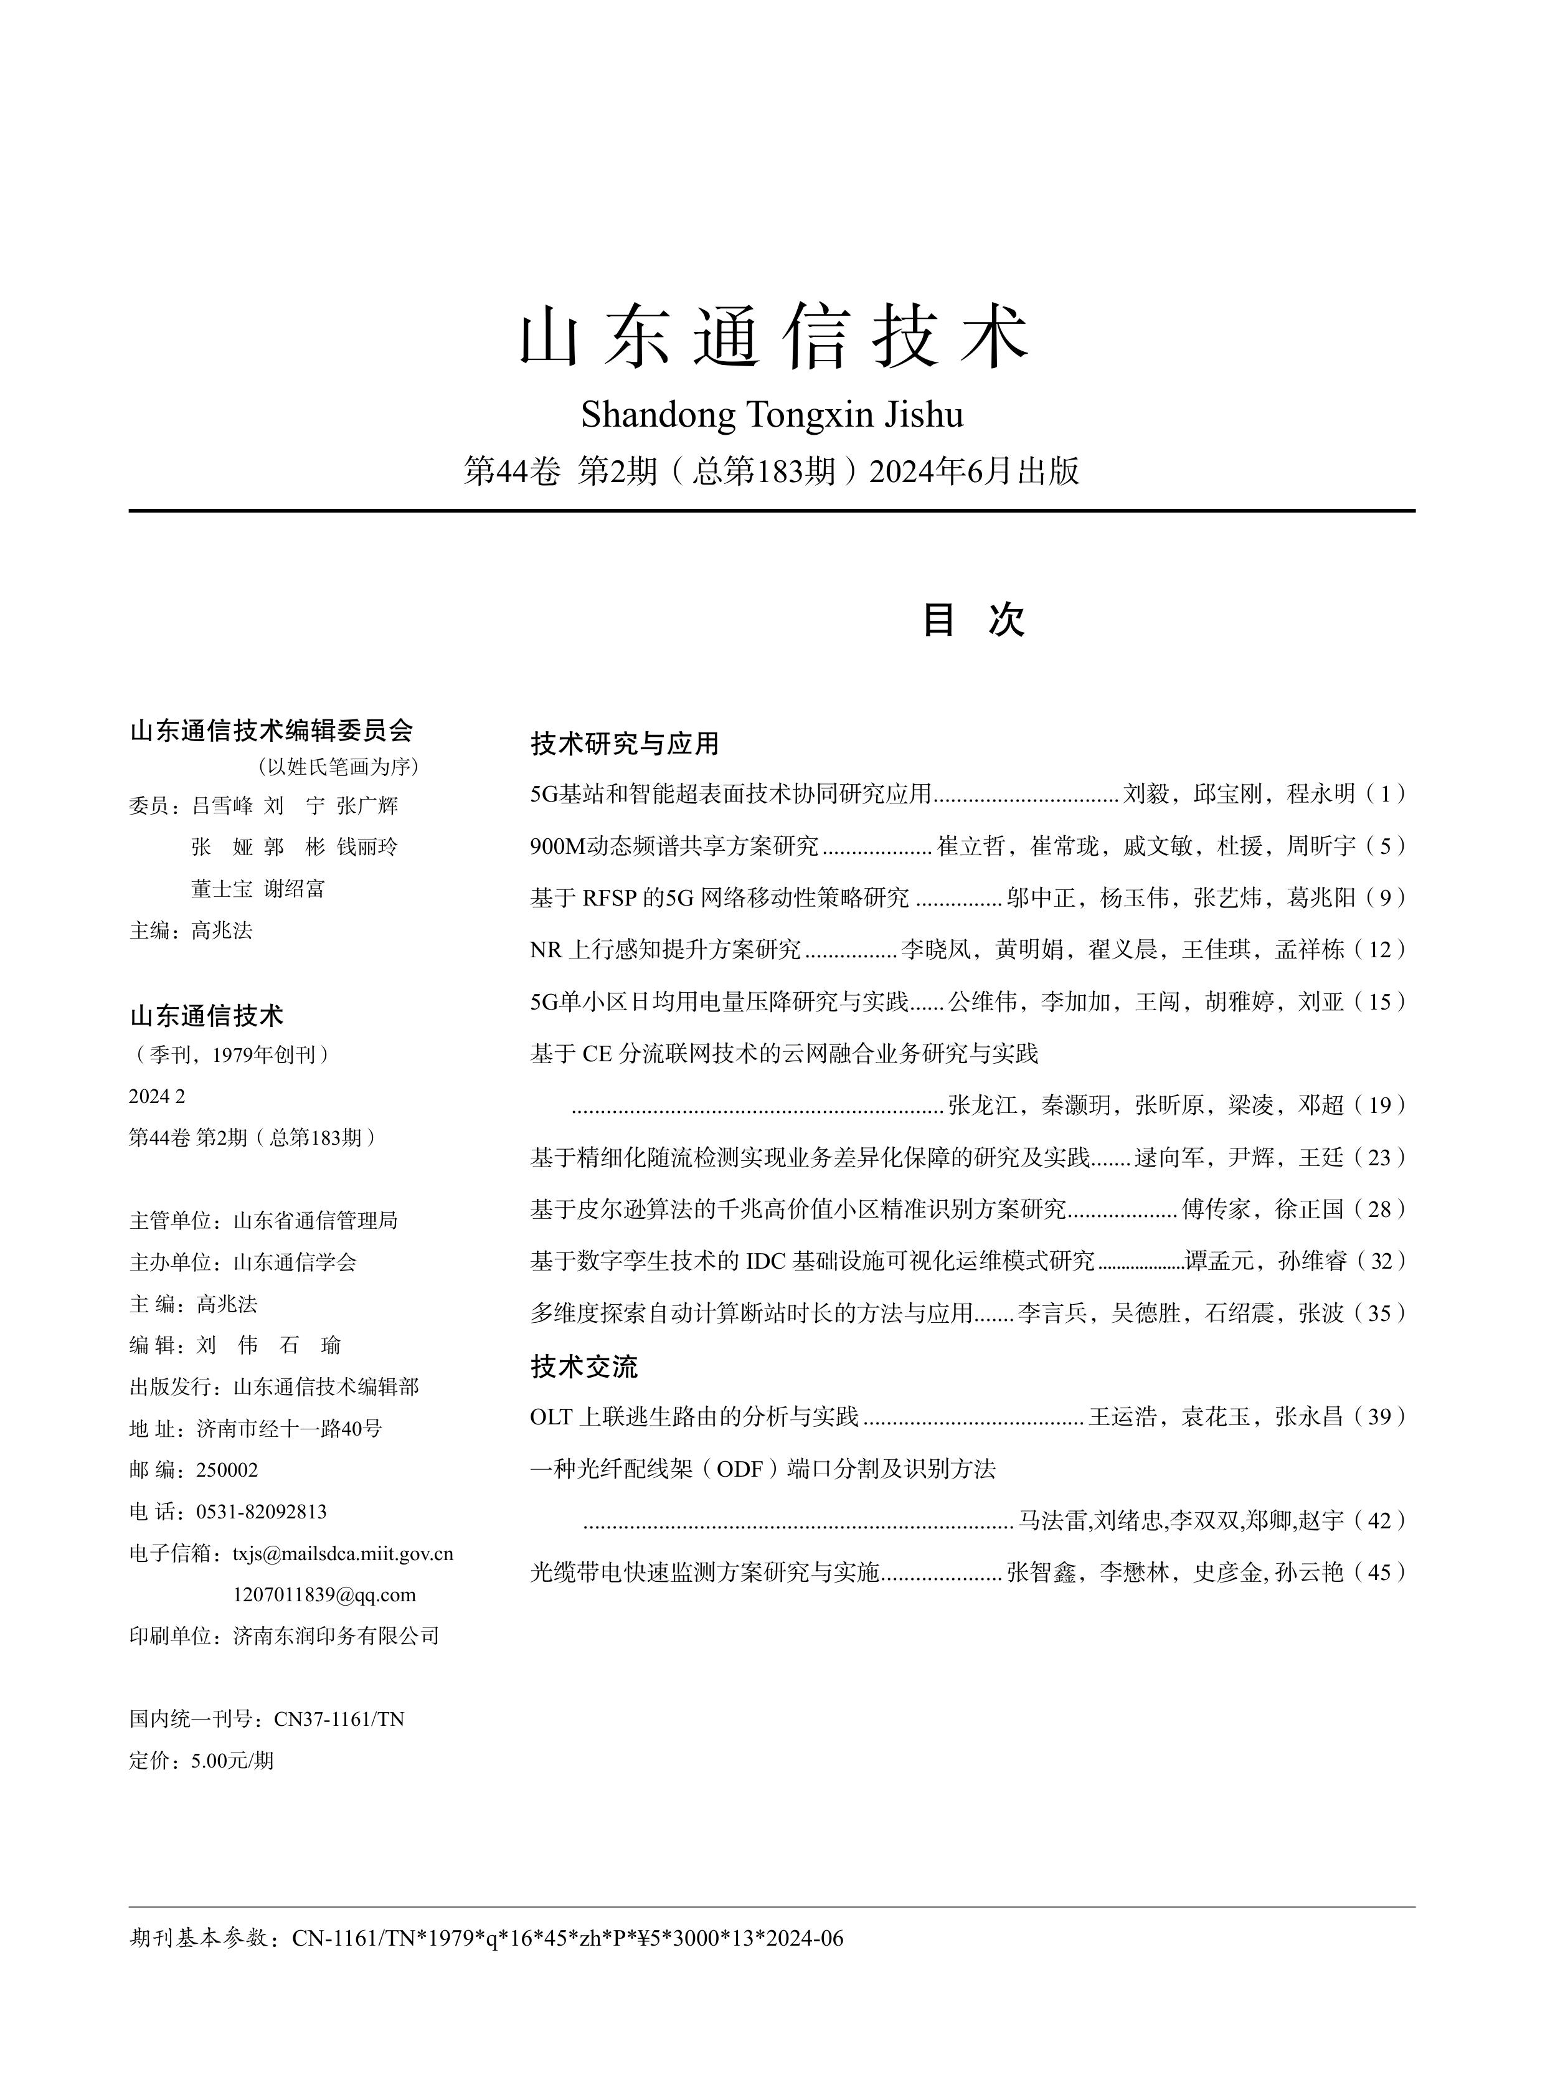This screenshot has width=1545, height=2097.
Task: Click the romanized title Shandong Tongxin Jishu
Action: tap(772, 414)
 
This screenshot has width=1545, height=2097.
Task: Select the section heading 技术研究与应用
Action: tap(624, 744)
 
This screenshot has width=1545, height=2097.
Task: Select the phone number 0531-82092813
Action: tap(261, 1512)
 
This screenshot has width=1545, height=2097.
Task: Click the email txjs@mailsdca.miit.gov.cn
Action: tap(343, 1553)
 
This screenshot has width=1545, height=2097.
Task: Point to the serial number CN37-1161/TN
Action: tap(339, 1719)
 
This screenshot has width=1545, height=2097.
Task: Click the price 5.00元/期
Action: tap(232, 1760)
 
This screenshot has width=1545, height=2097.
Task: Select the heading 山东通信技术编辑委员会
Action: tap(272, 731)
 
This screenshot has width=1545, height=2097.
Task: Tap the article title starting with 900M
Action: tap(673, 846)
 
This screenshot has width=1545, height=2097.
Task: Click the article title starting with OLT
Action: tap(693, 1417)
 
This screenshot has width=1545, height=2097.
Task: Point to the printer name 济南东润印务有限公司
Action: tap(336, 1636)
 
